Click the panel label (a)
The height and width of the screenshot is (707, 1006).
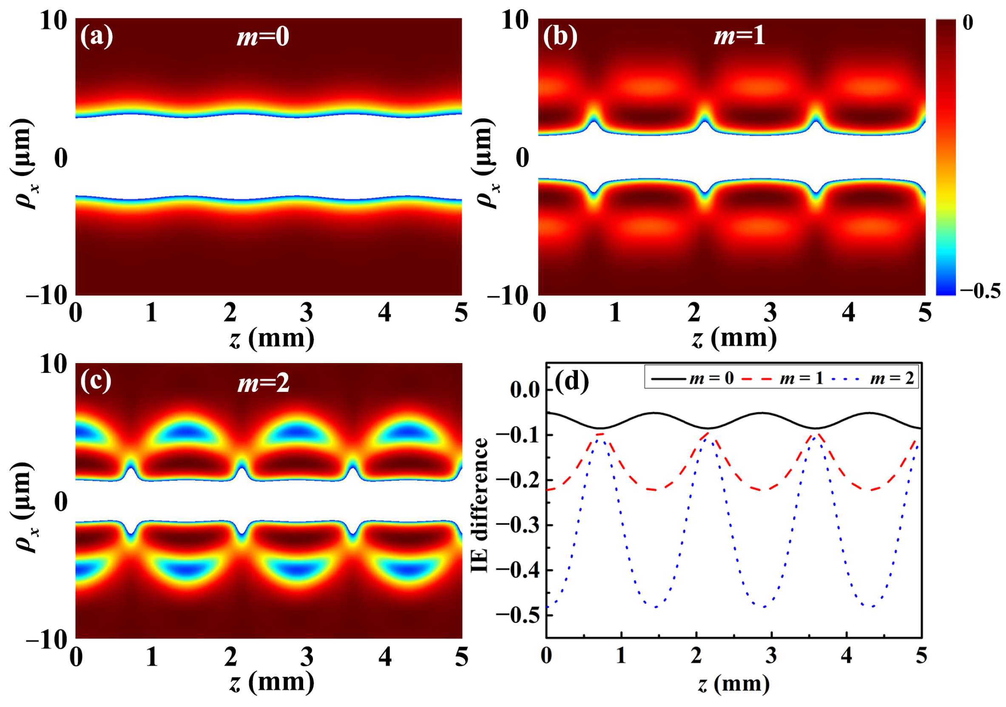coord(97,37)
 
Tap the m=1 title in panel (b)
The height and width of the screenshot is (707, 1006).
coord(739,35)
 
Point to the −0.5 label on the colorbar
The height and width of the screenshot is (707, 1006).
coord(980,290)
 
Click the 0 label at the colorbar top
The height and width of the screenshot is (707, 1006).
coord(967,23)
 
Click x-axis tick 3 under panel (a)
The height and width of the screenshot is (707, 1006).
coord(306,313)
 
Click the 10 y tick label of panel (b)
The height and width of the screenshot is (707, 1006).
coord(515,20)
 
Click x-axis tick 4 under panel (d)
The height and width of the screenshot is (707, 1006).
coord(846,656)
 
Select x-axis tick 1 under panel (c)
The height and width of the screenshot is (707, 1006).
coord(152,657)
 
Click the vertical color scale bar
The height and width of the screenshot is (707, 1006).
coord(946,157)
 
